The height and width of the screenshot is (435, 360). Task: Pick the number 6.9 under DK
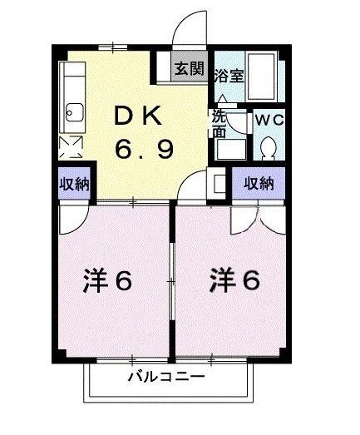(143, 151)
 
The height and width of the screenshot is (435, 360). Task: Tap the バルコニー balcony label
(165, 378)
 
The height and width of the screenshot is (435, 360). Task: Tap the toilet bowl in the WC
(269, 148)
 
